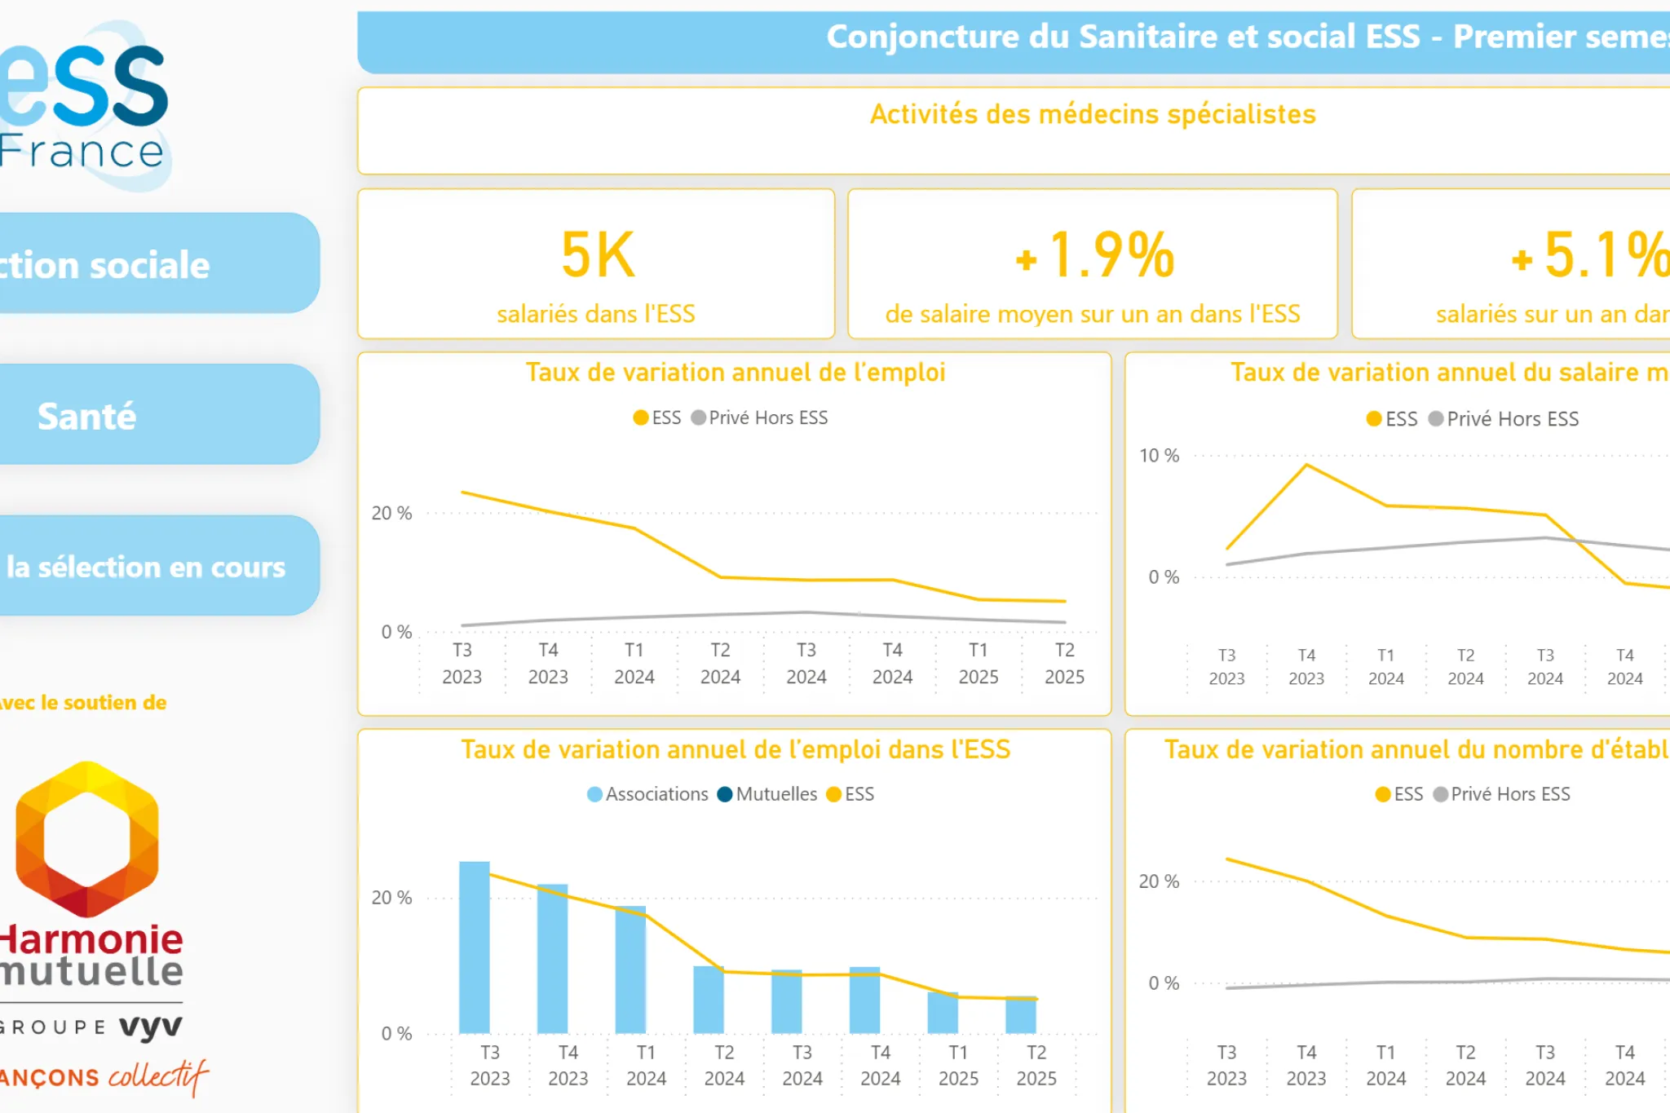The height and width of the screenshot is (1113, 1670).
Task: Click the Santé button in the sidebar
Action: pyautogui.click(x=155, y=415)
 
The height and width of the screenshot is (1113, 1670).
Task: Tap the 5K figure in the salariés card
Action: pyautogui.click(x=597, y=256)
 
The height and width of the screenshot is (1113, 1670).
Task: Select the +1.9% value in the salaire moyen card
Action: pyautogui.click(x=1094, y=256)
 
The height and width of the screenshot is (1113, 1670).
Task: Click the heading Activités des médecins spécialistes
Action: pyautogui.click(x=1092, y=114)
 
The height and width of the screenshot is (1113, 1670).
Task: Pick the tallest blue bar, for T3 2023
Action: pyautogui.click(x=474, y=946)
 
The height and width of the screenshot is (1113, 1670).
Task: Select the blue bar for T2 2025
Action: pyautogui.click(x=1020, y=1015)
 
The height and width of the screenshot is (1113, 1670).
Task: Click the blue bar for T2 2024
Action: pyautogui.click(x=708, y=1000)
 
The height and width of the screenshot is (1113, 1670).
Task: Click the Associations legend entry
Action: pyautogui.click(x=648, y=794)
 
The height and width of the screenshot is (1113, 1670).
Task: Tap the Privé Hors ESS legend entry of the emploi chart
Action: pyautogui.click(x=759, y=417)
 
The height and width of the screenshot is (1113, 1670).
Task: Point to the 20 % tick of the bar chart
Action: pyautogui.click(x=391, y=898)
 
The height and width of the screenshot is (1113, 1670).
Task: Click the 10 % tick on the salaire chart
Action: pyautogui.click(x=1159, y=456)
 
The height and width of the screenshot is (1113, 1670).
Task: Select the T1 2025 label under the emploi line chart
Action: pyautogui.click(x=978, y=663)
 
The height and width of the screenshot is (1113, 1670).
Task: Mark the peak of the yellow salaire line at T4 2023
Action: pyautogui.click(x=1306, y=465)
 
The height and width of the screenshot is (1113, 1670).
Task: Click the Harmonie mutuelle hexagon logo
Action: pyautogui.click(x=87, y=840)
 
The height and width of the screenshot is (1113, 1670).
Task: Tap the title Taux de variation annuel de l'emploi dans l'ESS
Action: pyautogui.click(x=735, y=749)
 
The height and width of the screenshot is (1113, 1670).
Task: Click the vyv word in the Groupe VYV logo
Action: pyautogui.click(x=151, y=1027)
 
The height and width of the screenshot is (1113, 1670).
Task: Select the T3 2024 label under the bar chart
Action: pyautogui.click(x=802, y=1065)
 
